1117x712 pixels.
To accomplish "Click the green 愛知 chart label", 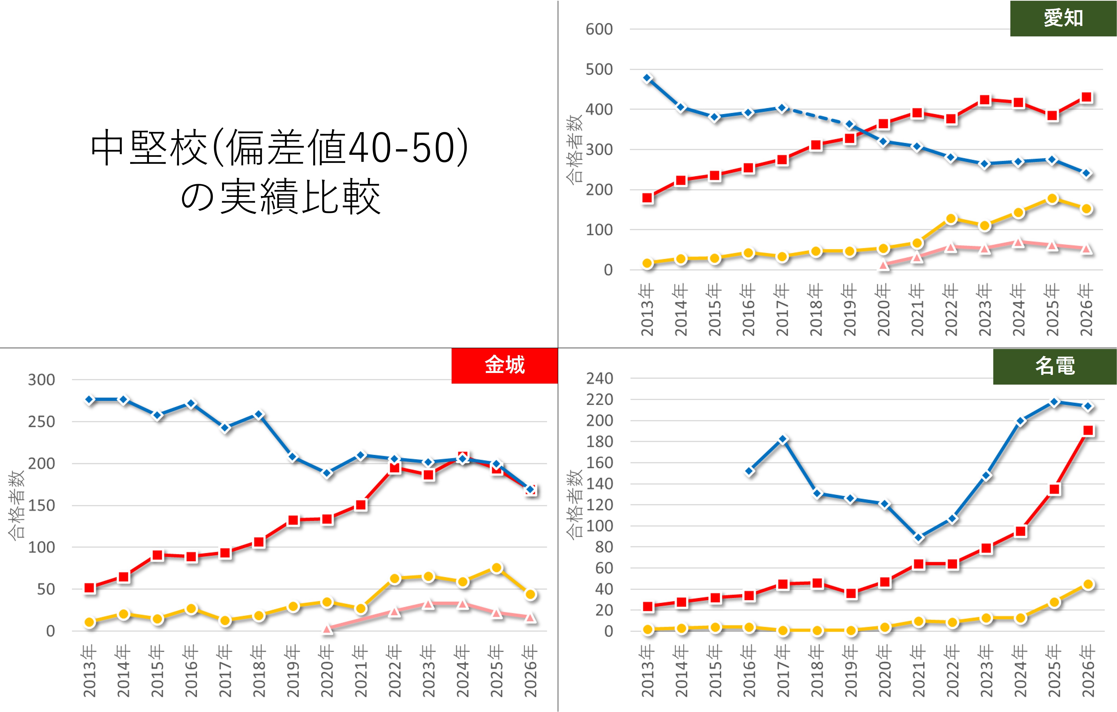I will click(1063, 19).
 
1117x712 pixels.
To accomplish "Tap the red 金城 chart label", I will click(505, 365).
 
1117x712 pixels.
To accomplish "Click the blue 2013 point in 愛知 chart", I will click(648, 78).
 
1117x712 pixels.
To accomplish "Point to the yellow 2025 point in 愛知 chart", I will click(1052, 199).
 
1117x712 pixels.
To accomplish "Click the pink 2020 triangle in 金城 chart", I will click(327, 629).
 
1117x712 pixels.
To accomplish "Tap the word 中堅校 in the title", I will click(148, 148).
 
